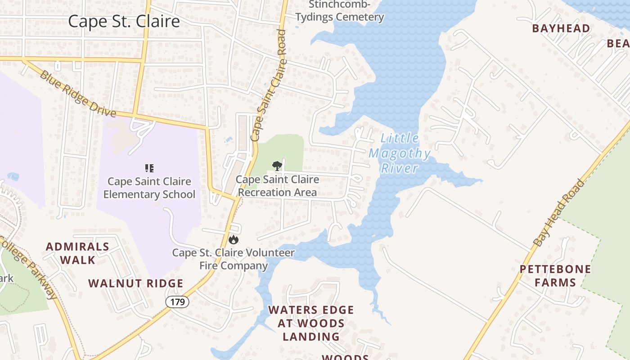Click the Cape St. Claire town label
(x=124, y=21)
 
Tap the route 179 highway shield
(x=177, y=301)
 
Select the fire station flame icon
(x=233, y=239)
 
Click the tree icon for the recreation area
(x=277, y=166)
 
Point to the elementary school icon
(x=149, y=168)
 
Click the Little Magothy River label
(x=400, y=153)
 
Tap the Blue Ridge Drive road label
(x=78, y=94)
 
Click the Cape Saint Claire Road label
(x=269, y=85)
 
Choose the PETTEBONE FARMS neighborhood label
(x=555, y=276)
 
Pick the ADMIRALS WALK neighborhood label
(x=77, y=253)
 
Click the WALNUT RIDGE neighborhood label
(x=135, y=283)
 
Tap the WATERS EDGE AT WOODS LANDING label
(x=311, y=323)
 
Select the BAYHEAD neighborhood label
(x=561, y=28)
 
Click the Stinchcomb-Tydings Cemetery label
(x=346, y=11)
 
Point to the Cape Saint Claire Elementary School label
(x=149, y=188)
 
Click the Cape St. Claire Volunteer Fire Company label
(x=234, y=259)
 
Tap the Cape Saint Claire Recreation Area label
(x=278, y=186)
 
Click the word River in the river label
(x=400, y=168)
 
